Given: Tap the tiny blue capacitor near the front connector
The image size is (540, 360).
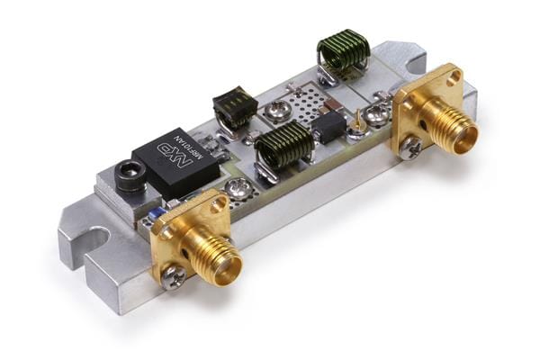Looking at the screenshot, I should point(157,212).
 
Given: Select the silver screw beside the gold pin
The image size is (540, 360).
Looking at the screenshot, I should point(379,113).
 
